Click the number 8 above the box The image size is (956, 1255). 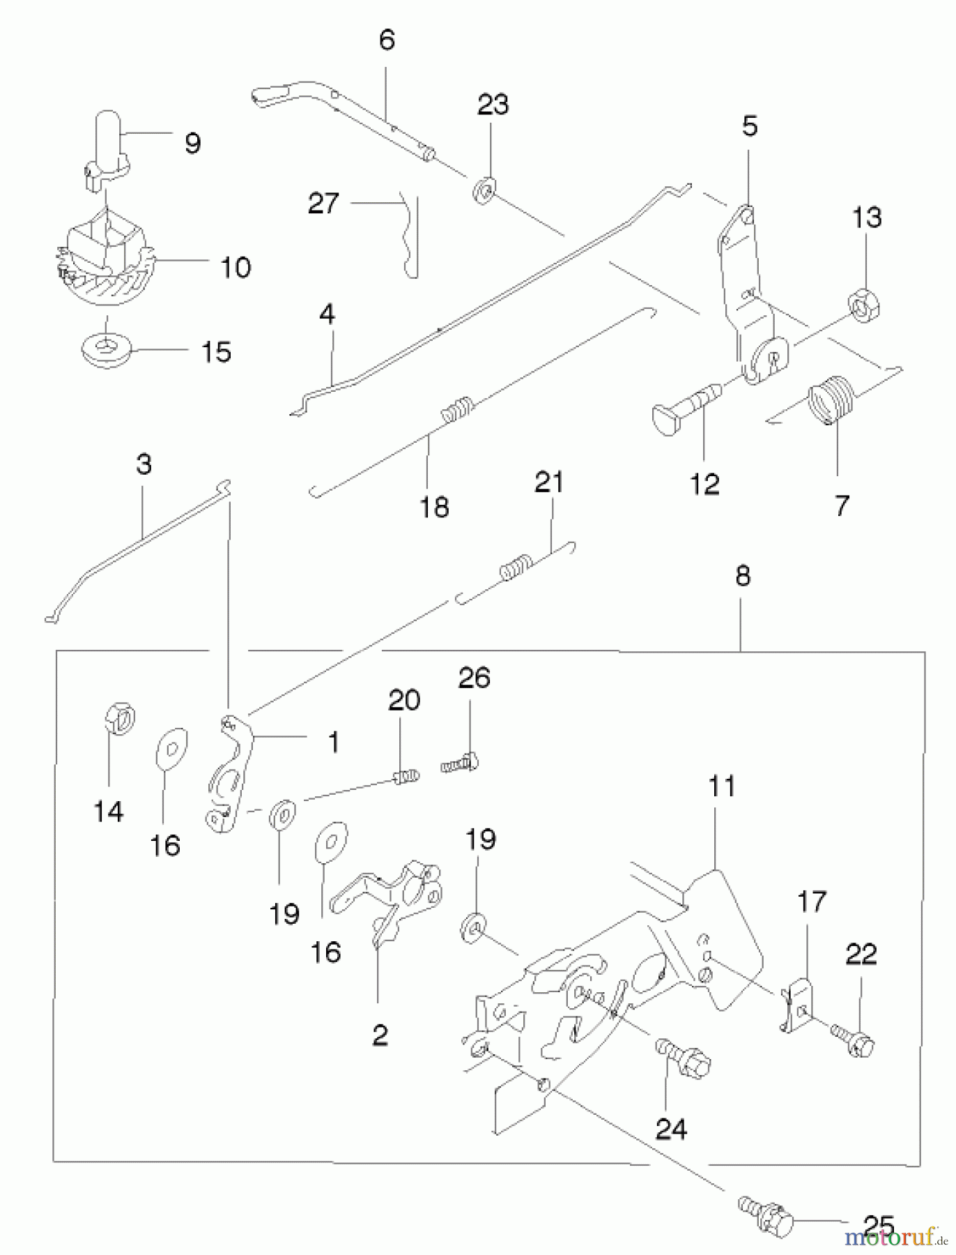tap(743, 577)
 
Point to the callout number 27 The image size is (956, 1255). tap(323, 204)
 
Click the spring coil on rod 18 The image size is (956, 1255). tap(457, 409)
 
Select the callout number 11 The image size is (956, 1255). tap(722, 787)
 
